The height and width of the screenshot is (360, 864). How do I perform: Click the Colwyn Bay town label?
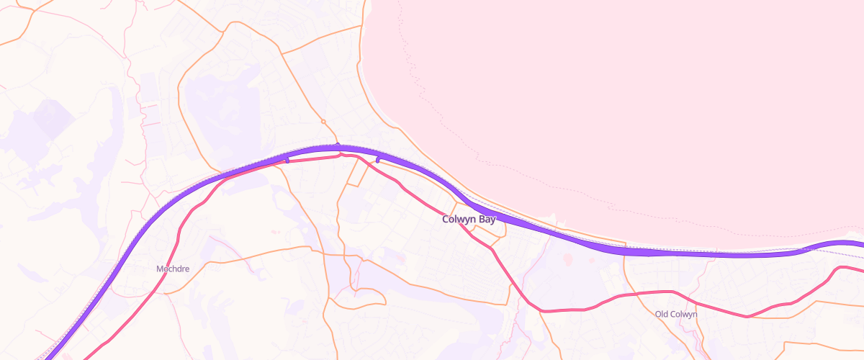tap(469, 219)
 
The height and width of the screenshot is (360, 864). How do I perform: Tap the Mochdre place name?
tap(173, 269)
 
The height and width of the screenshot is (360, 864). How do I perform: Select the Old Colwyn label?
tap(676, 314)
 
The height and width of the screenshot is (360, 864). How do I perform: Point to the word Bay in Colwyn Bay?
tap(485, 219)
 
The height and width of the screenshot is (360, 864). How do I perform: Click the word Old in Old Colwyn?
tap(662, 314)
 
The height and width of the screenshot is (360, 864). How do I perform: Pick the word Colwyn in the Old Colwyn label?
tap(683, 314)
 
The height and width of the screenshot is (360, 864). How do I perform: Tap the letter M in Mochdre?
tap(160, 269)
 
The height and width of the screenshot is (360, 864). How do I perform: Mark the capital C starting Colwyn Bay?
tap(446, 219)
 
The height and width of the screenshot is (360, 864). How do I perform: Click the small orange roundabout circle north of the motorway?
tap(323, 121)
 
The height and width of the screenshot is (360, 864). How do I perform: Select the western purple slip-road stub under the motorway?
tap(287, 161)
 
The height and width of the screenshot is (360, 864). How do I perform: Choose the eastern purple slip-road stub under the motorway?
tap(378, 160)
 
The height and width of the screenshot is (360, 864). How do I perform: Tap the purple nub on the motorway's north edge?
tap(338, 145)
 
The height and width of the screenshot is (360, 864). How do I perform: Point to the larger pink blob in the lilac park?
tap(567, 258)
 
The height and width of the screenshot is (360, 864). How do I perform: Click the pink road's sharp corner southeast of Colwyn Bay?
tap(541, 311)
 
